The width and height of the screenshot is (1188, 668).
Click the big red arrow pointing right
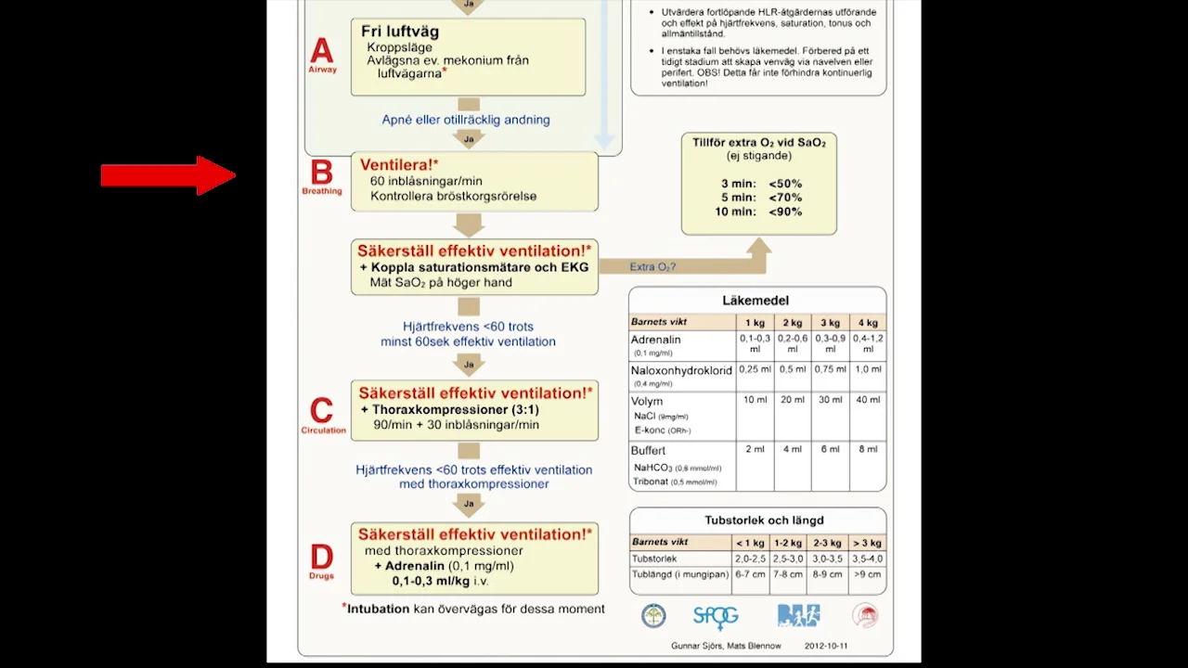[x=168, y=175]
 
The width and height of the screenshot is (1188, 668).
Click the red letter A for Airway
[x=321, y=50]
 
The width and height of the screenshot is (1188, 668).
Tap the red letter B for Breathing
[x=321, y=173]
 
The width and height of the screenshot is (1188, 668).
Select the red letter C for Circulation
[x=321, y=411]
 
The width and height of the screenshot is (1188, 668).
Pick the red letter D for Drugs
[x=321, y=557]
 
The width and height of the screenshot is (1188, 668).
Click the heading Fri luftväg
[x=400, y=32]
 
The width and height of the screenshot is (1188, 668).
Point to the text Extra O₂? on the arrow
[x=652, y=267]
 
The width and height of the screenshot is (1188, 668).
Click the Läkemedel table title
[x=755, y=301]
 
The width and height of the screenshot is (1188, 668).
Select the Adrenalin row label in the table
[x=656, y=340]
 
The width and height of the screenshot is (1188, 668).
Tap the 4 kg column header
[x=868, y=323]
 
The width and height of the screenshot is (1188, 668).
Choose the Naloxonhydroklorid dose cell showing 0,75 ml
[x=830, y=369]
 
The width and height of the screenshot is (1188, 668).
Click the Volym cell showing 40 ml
[x=868, y=400]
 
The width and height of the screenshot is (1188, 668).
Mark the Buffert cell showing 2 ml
[x=755, y=449]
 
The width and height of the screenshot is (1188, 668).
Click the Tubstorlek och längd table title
[x=764, y=520]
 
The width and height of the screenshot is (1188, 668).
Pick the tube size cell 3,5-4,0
[x=868, y=559]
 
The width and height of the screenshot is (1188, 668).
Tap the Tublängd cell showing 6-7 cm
[x=750, y=574]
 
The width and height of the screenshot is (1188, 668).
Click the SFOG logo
[x=716, y=616]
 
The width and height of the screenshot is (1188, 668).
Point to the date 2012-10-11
[x=826, y=646]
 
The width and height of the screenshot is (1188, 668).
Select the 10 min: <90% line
[x=758, y=212]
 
